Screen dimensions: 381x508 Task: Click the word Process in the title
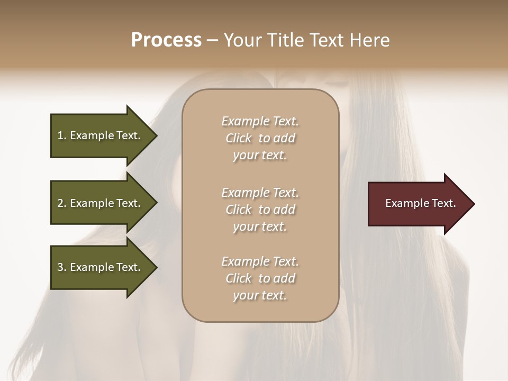point(166,40)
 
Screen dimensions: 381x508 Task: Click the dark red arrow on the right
point(418,204)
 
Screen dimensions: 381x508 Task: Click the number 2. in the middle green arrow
point(62,203)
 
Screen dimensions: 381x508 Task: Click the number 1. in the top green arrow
point(62,135)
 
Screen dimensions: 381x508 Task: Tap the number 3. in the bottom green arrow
point(62,267)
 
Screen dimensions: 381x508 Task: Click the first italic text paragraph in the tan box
point(260,138)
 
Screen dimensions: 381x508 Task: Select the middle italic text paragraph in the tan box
point(260,210)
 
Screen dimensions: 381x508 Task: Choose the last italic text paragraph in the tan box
point(260,278)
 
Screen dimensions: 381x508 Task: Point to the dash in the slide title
point(213,40)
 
